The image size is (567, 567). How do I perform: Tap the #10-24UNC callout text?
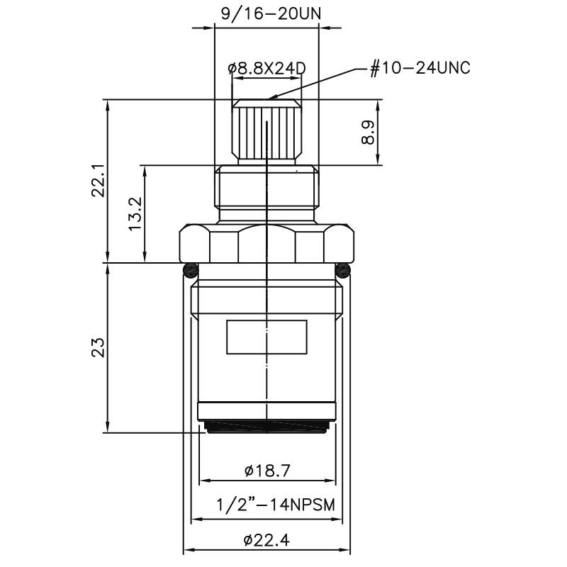click(420, 68)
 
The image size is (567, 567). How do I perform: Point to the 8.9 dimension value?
click(368, 133)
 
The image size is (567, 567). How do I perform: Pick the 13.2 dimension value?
click(135, 213)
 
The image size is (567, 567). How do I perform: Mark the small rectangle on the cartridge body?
click(266, 337)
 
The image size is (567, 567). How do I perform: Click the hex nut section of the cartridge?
click(266, 242)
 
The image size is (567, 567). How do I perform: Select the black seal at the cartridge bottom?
click(266, 425)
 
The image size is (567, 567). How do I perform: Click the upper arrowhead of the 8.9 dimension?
click(378, 103)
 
